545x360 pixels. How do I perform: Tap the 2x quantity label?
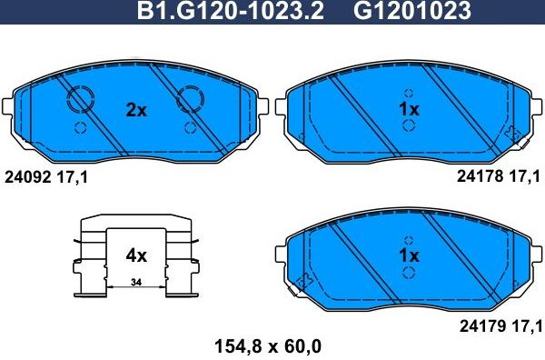point(135,110)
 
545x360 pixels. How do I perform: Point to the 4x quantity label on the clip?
point(135,255)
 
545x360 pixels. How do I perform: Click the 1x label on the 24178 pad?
point(409,110)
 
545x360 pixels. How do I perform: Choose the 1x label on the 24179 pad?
point(409,255)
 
